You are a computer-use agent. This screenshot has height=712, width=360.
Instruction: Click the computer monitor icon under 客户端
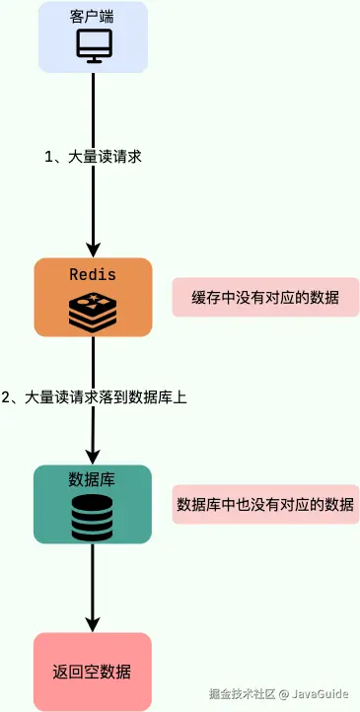(93, 45)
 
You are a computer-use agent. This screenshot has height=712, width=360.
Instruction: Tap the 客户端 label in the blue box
(93, 17)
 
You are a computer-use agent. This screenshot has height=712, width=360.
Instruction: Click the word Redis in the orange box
(93, 273)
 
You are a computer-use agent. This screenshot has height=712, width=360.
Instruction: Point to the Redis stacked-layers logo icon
(93, 310)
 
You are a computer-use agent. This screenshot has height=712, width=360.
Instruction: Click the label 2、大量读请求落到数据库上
(94, 397)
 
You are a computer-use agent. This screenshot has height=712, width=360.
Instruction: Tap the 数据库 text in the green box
(93, 480)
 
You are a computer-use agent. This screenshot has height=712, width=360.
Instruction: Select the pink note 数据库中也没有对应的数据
(265, 505)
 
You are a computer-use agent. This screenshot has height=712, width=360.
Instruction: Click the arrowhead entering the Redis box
(93, 249)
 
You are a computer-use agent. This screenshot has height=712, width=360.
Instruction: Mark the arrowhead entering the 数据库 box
(93, 457)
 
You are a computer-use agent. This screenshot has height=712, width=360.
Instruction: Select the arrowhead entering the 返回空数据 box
(93, 624)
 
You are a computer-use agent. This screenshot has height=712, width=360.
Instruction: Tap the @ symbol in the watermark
(283, 693)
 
